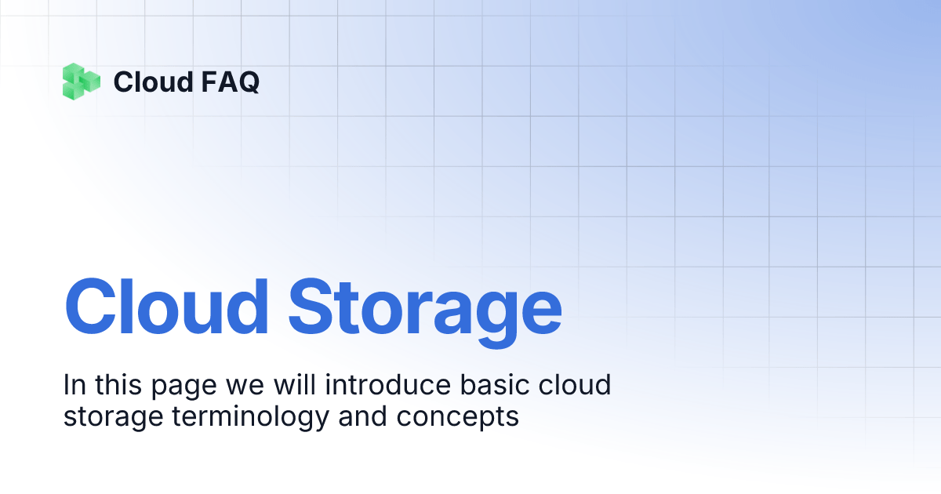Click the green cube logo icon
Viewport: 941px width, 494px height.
82,81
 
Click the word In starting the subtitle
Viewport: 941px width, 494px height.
74,386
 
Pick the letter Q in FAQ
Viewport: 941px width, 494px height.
247,82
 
